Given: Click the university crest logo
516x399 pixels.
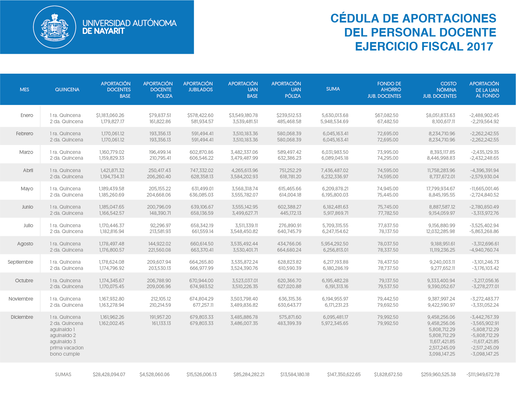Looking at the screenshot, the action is tap(54, 27).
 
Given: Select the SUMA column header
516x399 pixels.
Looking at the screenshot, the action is tap(333, 89).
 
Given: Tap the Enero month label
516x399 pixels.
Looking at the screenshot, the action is tap(27, 115).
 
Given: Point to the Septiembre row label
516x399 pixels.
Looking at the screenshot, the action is tap(21, 262).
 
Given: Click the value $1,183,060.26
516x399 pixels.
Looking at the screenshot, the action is tap(110, 115).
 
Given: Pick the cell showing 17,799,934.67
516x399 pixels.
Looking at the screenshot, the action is tap(440, 188).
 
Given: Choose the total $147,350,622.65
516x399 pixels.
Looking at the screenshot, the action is tap(343, 375).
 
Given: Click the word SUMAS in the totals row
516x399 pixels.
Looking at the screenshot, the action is tap(63, 375).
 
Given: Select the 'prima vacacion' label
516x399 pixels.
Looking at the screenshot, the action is tap(66, 348).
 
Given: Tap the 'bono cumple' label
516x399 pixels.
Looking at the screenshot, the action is tap(64, 354).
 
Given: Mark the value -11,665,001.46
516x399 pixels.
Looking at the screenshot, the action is tap(484, 188).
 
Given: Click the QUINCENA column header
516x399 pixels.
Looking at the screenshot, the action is tap(67, 90).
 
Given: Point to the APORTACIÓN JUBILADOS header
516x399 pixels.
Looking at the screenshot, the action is tap(198, 87).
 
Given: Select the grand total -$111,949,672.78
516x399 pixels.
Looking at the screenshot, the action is tap(483, 375).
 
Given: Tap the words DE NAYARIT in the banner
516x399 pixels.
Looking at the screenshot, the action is tap(103, 31).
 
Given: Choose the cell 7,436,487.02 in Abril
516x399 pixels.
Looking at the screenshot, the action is tap(335, 170).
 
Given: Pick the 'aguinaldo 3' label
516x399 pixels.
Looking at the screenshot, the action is tap(63, 342).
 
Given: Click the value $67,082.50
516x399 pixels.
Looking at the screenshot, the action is tap(386, 115).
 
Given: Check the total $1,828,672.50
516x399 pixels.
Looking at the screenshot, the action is tap(388, 375).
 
